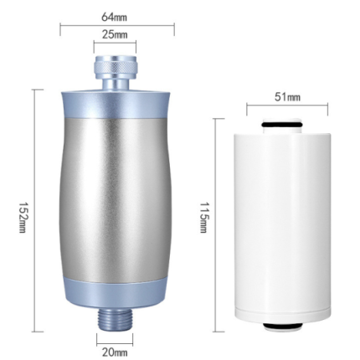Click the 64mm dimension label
(x=114, y=17)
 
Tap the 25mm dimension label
(x=115, y=34)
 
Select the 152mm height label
(x=23, y=217)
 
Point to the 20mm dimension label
(x=115, y=352)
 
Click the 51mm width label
(x=287, y=97)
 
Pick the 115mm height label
(x=203, y=217)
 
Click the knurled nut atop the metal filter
(x=115, y=67)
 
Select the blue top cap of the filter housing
(x=116, y=104)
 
